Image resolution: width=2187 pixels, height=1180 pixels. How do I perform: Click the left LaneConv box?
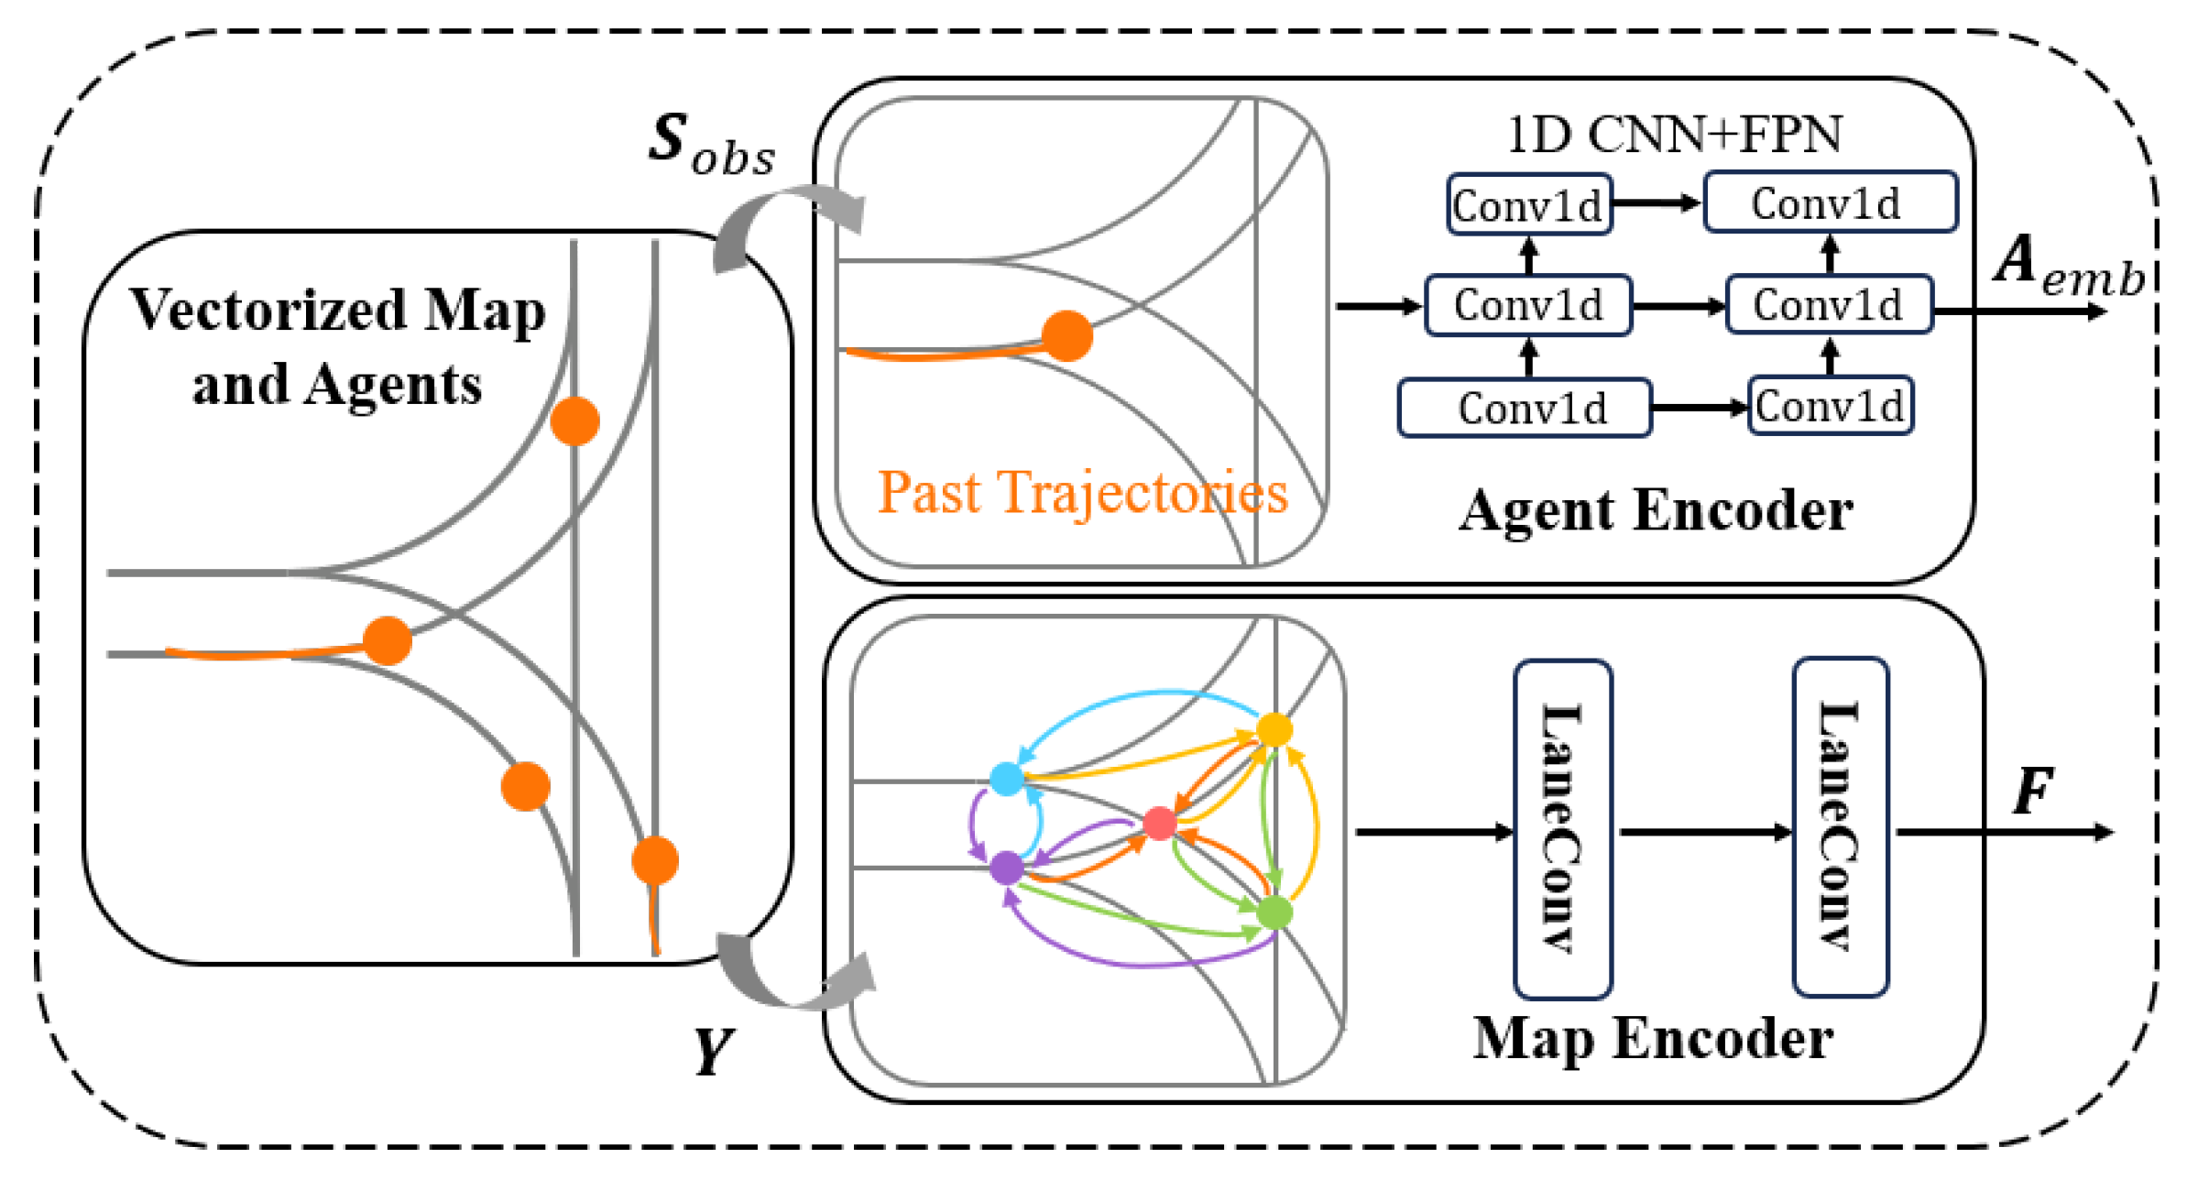(1562, 829)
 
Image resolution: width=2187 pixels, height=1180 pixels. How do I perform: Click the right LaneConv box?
(1840, 827)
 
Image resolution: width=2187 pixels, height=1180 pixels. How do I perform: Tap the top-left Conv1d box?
(1528, 205)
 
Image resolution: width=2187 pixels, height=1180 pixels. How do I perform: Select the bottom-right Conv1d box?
(1830, 406)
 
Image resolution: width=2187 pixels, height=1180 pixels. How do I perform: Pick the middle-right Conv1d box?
(1829, 305)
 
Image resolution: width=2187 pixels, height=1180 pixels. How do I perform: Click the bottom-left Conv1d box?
(1525, 409)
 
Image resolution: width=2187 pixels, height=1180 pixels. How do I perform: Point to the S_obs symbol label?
(710, 145)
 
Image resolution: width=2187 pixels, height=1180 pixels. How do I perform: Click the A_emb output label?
(2069, 266)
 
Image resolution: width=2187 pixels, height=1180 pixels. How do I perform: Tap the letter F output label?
(2032, 791)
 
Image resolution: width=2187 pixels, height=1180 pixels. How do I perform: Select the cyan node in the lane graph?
(1007, 779)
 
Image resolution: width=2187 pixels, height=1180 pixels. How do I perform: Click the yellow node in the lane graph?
(1274, 730)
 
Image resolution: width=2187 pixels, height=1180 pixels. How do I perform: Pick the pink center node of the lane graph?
(1160, 823)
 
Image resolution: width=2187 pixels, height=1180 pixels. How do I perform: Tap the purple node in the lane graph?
(1007, 867)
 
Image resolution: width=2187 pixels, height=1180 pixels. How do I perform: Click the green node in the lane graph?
(1274, 912)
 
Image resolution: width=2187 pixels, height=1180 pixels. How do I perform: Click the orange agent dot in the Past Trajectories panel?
(1067, 335)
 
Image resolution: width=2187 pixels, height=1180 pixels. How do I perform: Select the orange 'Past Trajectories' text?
(1082, 493)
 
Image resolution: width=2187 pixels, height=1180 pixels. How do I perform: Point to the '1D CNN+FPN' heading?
(1673, 136)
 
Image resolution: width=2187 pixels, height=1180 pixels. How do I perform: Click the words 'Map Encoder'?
(1652, 1039)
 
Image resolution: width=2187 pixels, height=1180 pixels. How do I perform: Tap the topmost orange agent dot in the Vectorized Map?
(574, 421)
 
